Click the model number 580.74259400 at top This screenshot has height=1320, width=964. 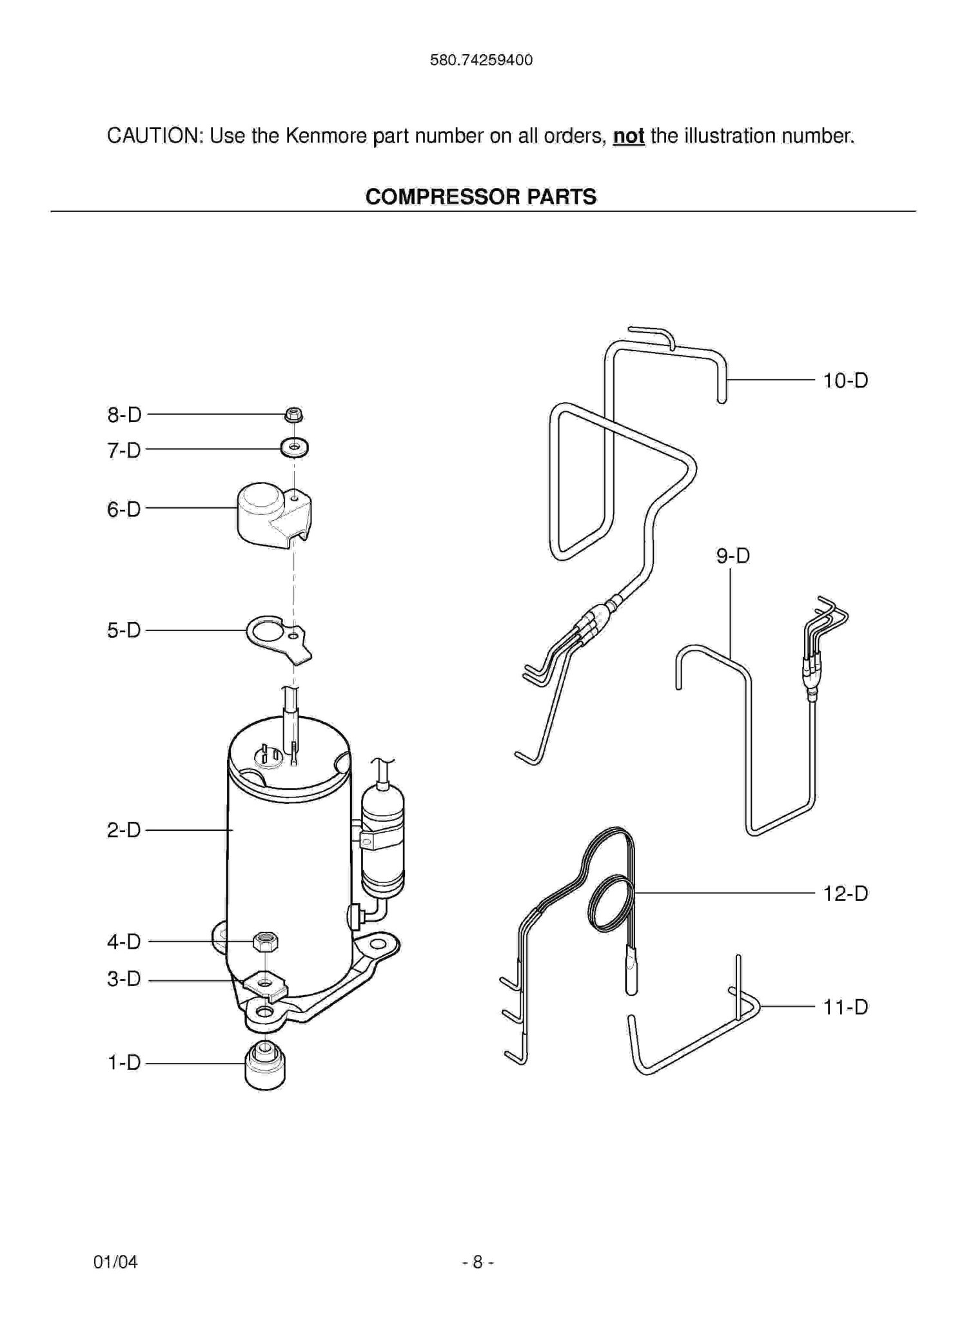coord(481,61)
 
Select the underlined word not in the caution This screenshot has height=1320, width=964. coord(628,136)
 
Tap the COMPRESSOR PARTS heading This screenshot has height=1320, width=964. coord(481,197)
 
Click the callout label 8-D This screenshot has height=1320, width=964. coord(124,415)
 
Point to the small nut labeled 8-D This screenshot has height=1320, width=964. coord(293,414)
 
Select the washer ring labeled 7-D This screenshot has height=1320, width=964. coord(294,447)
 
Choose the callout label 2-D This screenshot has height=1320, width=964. coord(124,830)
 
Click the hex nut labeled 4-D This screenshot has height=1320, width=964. coord(266,942)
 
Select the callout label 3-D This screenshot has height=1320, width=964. coord(124,980)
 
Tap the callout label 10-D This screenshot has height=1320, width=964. coord(845,381)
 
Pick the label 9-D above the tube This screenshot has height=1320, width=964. coord(733,556)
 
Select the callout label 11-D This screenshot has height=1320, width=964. coord(845,1007)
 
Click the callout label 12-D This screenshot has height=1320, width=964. coord(845,894)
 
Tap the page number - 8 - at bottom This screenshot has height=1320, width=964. coord(478,1262)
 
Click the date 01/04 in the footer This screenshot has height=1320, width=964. coord(115,1262)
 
